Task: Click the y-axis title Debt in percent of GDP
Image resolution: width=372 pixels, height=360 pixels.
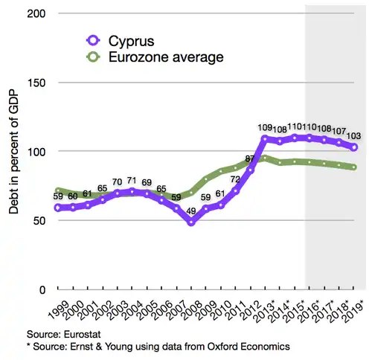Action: (13, 151)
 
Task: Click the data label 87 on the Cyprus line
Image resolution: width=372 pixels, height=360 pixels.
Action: (251, 158)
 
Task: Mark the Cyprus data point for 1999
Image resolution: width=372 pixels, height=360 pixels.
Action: (58, 208)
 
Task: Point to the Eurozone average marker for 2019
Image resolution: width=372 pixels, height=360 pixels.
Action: (354, 167)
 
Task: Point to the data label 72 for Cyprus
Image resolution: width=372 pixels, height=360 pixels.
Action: (235, 179)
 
